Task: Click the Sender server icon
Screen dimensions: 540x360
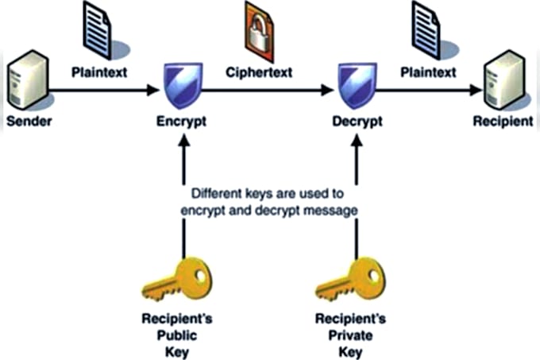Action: (29, 79)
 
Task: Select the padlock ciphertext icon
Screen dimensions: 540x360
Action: (259, 32)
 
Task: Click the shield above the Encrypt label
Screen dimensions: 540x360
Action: (183, 85)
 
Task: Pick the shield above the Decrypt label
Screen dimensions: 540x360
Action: (357, 85)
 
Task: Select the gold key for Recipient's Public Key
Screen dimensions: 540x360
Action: (177, 280)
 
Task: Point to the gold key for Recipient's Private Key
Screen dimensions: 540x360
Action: (351, 280)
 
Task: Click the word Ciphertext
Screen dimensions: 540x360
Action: (259, 72)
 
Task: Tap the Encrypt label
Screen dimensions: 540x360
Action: (182, 122)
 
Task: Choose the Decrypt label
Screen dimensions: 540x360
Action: (357, 122)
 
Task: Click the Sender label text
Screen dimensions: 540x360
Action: (29, 122)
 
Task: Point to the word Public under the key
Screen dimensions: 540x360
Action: (177, 335)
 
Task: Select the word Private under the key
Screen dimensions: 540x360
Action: (350, 335)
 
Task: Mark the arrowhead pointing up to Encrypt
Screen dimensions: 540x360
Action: (184, 140)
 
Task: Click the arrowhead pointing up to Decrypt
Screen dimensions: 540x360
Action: (357, 140)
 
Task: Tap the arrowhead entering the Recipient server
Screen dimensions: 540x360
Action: (476, 91)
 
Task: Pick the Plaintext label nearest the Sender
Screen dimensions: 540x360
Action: (99, 72)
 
